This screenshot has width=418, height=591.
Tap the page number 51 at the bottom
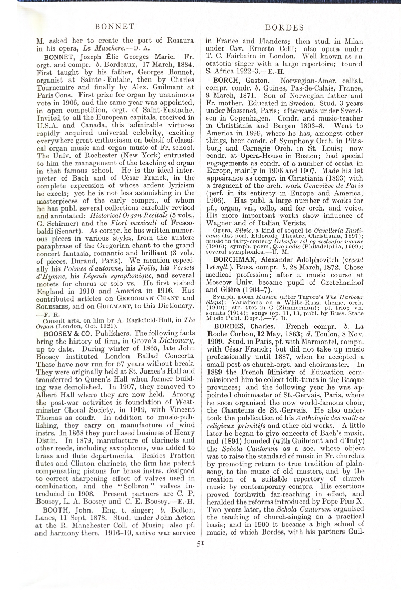[201, 559]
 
